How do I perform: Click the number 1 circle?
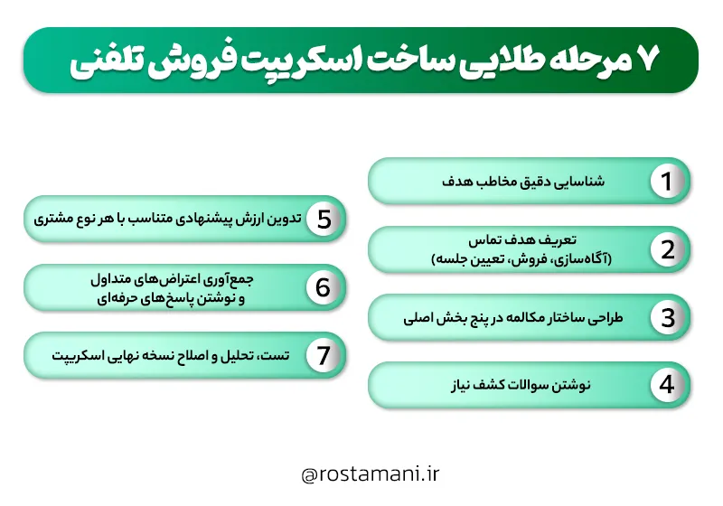point(667,181)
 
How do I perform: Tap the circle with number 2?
point(667,249)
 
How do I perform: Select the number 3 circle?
point(667,318)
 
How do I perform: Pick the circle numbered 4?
point(667,385)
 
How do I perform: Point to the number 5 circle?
point(323,219)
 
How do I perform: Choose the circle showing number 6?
point(323,287)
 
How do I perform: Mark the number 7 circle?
point(323,355)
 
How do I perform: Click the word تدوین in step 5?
point(280,219)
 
